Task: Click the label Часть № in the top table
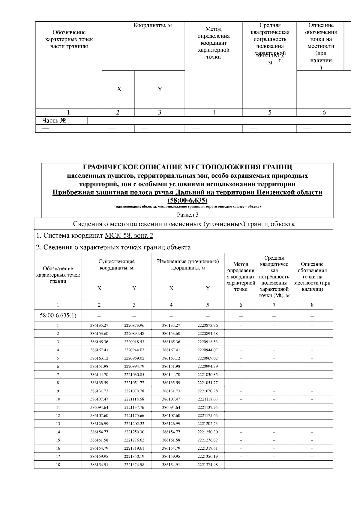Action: (54, 121)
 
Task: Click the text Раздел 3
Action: (187, 215)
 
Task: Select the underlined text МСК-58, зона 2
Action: (129, 236)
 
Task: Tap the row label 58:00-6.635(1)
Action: (58, 316)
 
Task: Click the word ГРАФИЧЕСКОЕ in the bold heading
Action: (110, 167)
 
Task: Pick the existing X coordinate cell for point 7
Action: (99, 374)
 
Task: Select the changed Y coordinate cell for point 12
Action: (208, 415)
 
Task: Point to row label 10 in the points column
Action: (58, 399)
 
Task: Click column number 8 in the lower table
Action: (312, 305)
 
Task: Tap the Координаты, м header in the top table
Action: (153, 25)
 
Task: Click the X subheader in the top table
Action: (119, 89)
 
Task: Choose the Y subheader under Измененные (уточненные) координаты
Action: (208, 288)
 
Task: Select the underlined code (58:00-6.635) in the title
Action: (187, 200)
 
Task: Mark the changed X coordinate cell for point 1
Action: (171, 325)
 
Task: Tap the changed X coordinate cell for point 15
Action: (171, 440)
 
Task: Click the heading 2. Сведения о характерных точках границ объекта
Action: (113, 247)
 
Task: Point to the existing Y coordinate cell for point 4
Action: (134, 350)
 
